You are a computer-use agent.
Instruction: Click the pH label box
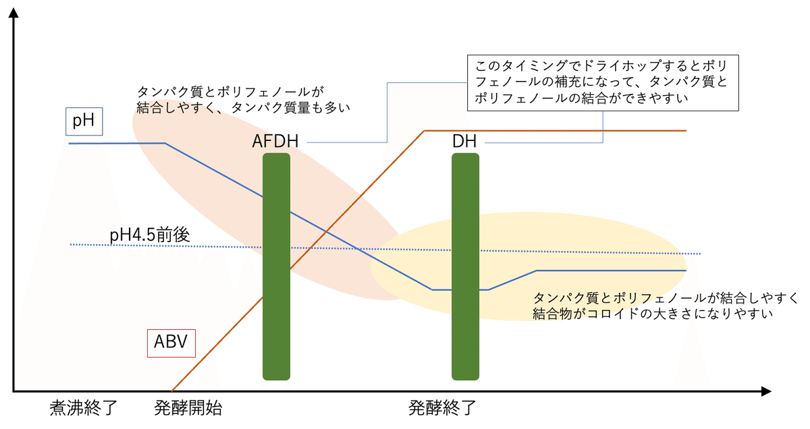(x=84, y=122)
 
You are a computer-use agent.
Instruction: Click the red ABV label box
(x=171, y=343)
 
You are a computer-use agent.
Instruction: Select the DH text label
(x=464, y=142)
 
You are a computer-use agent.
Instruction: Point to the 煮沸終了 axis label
(x=84, y=408)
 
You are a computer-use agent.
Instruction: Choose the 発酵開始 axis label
(x=188, y=408)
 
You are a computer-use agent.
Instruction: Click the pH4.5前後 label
(x=149, y=235)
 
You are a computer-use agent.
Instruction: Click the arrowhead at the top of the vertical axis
(x=13, y=13)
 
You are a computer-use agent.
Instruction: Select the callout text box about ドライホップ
(x=603, y=84)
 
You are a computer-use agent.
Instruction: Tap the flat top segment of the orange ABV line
(x=553, y=131)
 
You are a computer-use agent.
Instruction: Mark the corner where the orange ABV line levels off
(x=424, y=131)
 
